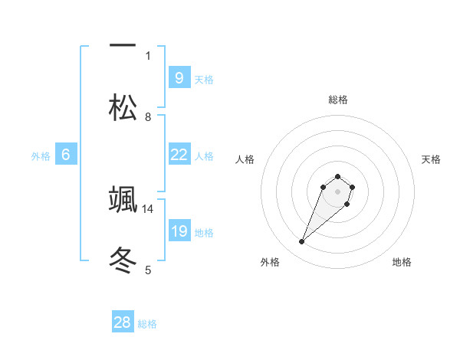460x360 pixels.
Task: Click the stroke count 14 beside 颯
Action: click(148, 208)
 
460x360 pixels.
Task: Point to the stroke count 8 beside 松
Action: click(148, 116)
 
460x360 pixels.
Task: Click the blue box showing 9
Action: click(179, 77)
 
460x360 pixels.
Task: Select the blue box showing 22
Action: click(179, 155)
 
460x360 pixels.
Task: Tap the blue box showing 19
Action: click(179, 231)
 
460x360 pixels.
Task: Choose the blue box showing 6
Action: click(66, 155)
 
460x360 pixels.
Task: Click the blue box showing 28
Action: click(123, 322)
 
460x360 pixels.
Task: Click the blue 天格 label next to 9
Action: click(204, 79)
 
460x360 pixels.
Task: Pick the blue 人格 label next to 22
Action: click(204, 156)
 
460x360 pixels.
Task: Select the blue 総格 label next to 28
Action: click(147, 324)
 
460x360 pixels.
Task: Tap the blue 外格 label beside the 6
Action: click(41, 156)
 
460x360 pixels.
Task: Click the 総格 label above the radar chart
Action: click(338, 100)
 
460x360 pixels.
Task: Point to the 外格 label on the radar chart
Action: click(270, 262)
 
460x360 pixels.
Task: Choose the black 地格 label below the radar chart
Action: click(402, 262)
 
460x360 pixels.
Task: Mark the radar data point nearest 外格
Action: click(302, 242)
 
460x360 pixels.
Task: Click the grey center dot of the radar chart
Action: click(338, 191)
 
